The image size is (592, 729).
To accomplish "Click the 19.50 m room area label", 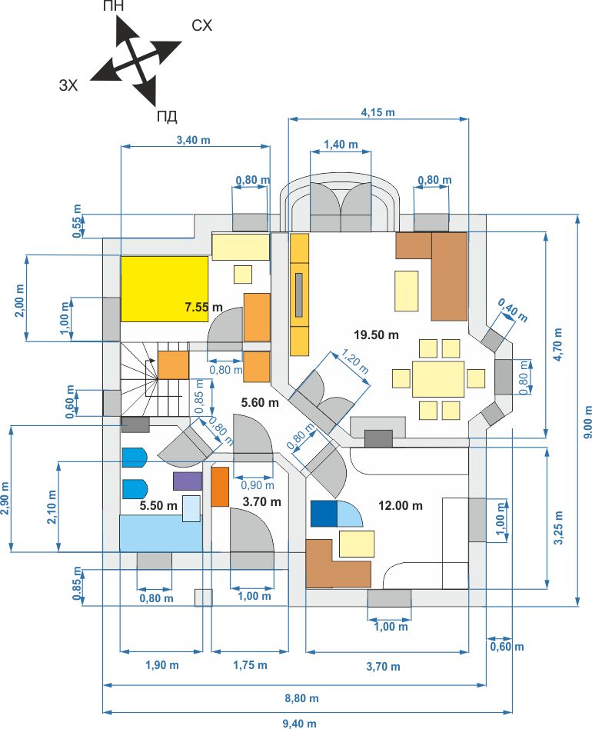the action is pyautogui.click(x=376, y=335).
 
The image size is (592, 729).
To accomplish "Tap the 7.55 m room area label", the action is pyautogui.click(x=204, y=308).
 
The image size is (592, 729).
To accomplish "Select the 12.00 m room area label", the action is pyautogui.click(x=400, y=506).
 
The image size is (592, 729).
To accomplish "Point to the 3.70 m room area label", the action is pyautogui.click(x=261, y=501).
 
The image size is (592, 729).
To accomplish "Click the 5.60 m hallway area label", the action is pyautogui.click(x=260, y=403).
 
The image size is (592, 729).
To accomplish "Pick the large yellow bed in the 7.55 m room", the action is pyautogui.click(x=164, y=288).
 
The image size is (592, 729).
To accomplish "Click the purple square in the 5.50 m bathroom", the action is pyautogui.click(x=188, y=481).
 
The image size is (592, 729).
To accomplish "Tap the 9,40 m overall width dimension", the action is pyautogui.click(x=300, y=724).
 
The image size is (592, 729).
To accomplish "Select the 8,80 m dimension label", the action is pyautogui.click(x=301, y=698).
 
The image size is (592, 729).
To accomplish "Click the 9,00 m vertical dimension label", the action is pyautogui.click(x=587, y=422).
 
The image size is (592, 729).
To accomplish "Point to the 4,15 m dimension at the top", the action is pyautogui.click(x=377, y=112).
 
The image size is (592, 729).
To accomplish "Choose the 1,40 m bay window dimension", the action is pyautogui.click(x=341, y=145).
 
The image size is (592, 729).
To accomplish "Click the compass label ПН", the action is pyautogui.click(x=113, y=6).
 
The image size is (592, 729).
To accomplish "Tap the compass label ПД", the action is pyautogui.click(x=167, y=116).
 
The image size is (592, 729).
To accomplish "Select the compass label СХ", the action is pyautogui.click(x=201, y=25).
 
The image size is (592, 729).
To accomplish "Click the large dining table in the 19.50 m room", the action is pyautogui.click(x=437, y=379).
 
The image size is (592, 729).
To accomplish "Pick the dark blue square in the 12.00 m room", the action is pyautogui.click(x=324, y=514).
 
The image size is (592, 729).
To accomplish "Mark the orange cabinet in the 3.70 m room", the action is pyautogui.click(x=220, y=487).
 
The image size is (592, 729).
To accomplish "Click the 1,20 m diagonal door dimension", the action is pyautogui.click(x=355, y=361).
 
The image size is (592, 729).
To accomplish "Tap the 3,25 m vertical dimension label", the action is pyautogui.click(x=559, y=528).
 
